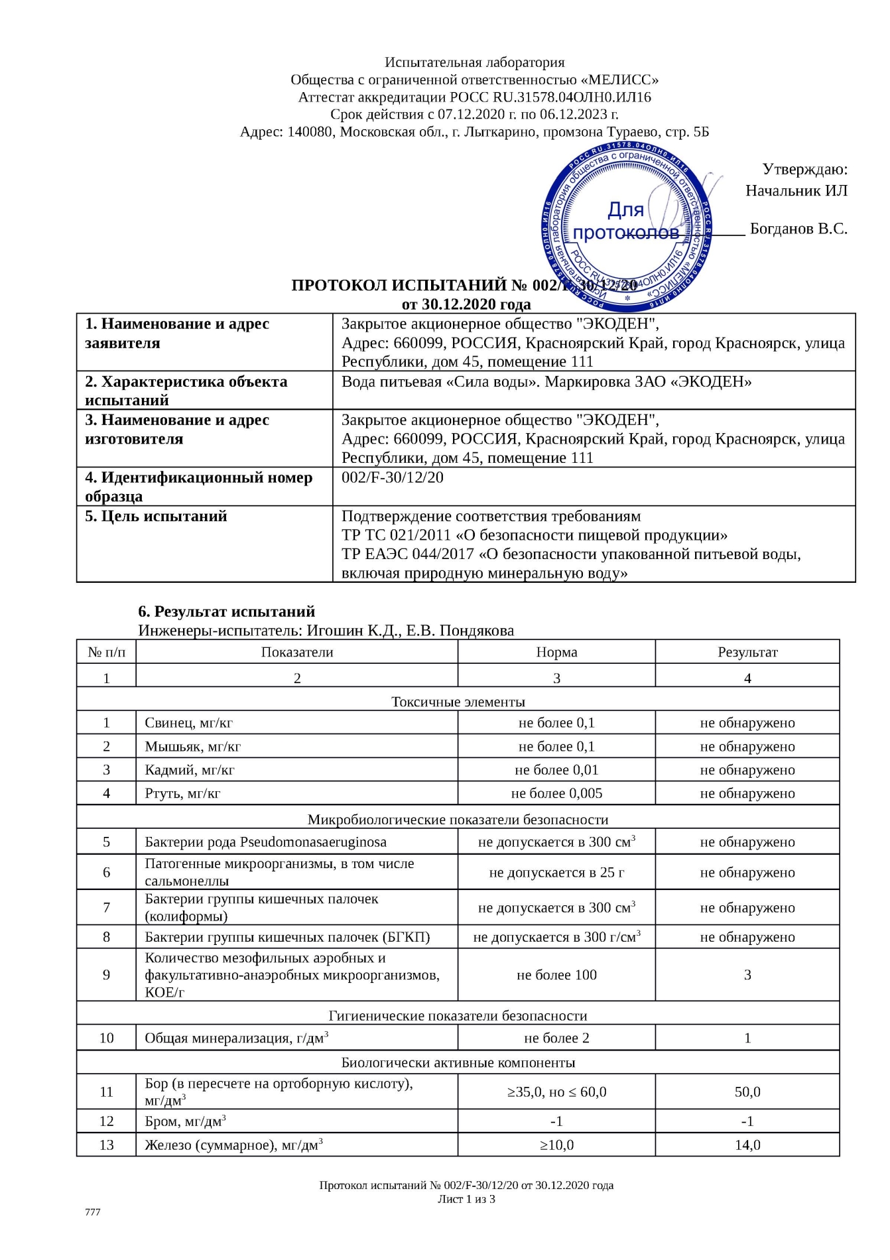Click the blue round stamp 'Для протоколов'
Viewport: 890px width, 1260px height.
pyautogui.click(x=626, y=226)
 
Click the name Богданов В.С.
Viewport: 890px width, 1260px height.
pyautogui.click(x=798, y=229)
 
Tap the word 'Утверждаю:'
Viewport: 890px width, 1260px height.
pyautogui.click(x=804, y=169)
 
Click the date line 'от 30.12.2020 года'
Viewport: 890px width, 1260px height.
pyautogui.click(x=466, y=304)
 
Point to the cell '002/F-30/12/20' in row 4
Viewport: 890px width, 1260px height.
pyautogui.click(x=393, y=477)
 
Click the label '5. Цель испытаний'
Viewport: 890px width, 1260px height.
pyautogui.click(x=156, y=516)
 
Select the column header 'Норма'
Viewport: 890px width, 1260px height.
pyautogui.click(x=556, y=652)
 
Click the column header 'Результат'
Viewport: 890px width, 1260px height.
pyautogui.click(x=747, y=652)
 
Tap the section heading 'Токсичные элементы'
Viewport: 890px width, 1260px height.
pyautogui.click(x=458, y=702)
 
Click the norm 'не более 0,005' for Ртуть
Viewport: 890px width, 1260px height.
pyautogui.click(x=556, y=793)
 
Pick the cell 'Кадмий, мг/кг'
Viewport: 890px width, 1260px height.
pyautogui.click(x=190, y=770)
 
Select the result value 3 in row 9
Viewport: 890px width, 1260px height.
pyautogui.click(x=747, y=975)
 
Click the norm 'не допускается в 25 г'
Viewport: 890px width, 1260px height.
pyautogui.click(x=556, y=873)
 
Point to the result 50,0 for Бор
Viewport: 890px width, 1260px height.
pyautogui.click(x=747, y=1092)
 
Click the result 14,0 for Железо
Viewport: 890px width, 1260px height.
pyautogui.click(x=747, y=1145)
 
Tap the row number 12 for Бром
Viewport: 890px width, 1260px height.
pyautogui.click(x=106, y=1121)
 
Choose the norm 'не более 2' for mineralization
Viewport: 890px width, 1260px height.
pyautogui.click(x=556, y=1038)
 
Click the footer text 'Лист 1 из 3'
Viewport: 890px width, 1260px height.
pyautogui.click(x=466, y=1199)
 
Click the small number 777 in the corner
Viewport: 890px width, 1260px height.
pyautogui.click(x=93, y=1212)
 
